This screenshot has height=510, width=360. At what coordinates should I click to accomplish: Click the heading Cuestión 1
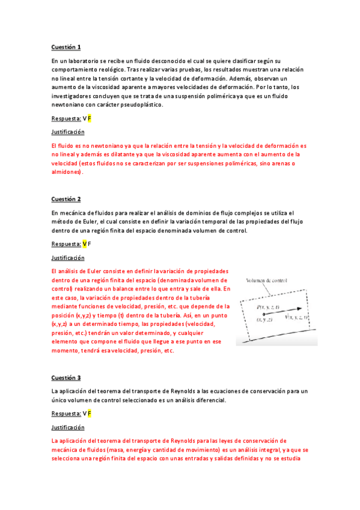click(66, 47)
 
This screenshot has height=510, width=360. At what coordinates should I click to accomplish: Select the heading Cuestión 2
click(66, 198)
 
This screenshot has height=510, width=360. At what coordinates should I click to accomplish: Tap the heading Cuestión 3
click(66, 378)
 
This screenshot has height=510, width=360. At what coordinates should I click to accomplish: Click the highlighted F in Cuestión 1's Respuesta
click(89, 118)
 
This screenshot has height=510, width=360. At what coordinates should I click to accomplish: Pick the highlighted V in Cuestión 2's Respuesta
click(85, 244)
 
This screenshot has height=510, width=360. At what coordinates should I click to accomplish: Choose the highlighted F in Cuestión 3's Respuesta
click(89, 414)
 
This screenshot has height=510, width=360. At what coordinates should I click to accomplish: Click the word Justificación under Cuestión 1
click(68, 132)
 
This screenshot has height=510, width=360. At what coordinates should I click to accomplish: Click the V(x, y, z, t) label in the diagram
click(296, 317)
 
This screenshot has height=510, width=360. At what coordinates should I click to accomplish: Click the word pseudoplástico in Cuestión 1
click(141, 105)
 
